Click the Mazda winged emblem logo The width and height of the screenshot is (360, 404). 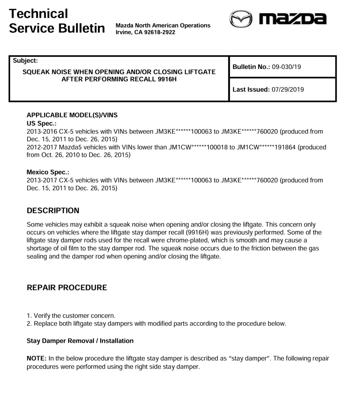(241, 20)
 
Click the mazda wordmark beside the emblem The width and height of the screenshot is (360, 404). (292, 19)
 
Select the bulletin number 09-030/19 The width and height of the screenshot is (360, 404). (286, 67)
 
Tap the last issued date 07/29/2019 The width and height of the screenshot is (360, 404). (287, 90)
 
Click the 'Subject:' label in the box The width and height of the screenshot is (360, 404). (25, 61)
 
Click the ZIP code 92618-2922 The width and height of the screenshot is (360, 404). (159, 32)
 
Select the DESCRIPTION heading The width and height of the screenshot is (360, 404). (53, 211)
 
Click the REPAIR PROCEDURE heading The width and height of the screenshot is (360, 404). (67, 288)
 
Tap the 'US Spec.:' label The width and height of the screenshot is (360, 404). (41, 123)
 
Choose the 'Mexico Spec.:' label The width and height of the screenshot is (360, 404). (48, 172)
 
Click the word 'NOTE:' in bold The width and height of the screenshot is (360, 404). (37, 359)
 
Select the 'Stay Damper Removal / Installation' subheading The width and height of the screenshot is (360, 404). (80, 341)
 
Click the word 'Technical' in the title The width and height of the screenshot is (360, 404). (39, 14)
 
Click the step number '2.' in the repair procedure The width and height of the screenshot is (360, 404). (29, 324)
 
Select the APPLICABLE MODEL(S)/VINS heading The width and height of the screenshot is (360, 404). (72, 115)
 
